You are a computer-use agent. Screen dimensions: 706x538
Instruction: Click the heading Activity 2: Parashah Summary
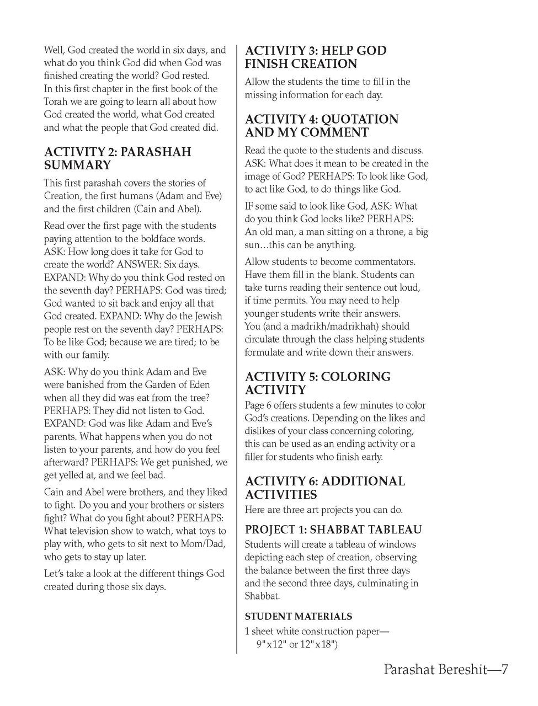(x=118, y=158)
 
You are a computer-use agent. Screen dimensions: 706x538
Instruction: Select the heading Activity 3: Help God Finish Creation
(x=316, y=57)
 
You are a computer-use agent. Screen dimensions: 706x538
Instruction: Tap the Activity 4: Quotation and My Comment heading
(x=321, y=126)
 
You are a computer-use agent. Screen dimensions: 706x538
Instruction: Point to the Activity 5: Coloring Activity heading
(x=317, y=383)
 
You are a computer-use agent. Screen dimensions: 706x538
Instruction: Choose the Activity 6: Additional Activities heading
(x=324, y=488)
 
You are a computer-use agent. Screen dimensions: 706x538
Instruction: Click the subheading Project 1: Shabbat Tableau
(x=333, y=529)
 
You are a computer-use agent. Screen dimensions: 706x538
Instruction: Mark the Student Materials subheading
(x=298, y=616)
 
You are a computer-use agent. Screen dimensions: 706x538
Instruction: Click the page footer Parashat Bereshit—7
(x=445, y=670)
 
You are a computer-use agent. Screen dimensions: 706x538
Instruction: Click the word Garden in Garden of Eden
(x=158, y=384)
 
